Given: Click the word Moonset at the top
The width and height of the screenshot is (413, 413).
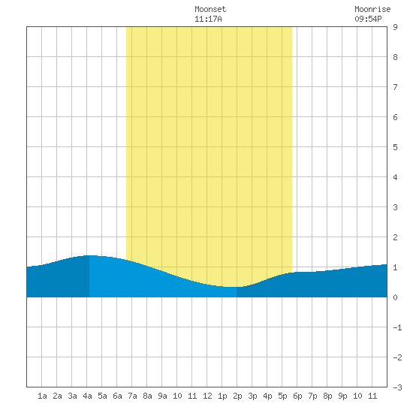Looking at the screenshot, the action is tap(210, 9).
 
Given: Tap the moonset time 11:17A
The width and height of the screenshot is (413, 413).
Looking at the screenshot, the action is tap(208, 19).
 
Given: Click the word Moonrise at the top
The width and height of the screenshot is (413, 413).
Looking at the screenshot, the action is tap(372, 9).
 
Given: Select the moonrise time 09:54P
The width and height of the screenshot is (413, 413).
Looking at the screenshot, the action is tap(368, 19).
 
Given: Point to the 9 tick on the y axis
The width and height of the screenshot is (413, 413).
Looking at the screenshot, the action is tap(395, 27).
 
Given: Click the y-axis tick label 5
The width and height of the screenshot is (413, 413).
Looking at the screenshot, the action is tap(395, 147).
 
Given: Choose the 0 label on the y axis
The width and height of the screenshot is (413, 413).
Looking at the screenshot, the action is tap(395, 297).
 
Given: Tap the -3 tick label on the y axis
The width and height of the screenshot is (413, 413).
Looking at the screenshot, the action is tap(397, 387).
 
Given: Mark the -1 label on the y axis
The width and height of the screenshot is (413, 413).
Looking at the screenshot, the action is tap(397, 327).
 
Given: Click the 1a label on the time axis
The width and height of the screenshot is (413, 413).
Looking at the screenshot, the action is tap(42, 396).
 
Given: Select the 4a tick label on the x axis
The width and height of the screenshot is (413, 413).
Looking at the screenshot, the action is tap(87, 396).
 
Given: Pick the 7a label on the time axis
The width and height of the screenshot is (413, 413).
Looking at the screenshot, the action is tap(132, 396).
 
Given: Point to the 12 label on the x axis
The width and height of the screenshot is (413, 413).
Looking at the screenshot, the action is tap(207, 396).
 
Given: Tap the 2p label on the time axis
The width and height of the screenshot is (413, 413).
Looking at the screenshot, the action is tap(237, 396).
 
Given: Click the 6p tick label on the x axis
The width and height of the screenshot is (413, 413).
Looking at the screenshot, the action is tap(297, 396).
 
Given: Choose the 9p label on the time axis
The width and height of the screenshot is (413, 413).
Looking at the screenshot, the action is tap(342, 396).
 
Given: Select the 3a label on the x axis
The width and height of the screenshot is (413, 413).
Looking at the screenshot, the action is tap(72, 396).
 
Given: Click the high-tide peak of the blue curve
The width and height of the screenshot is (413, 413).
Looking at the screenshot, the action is tap(89, 255).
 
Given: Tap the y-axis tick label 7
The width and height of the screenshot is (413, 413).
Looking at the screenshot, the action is tap(395, 87).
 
